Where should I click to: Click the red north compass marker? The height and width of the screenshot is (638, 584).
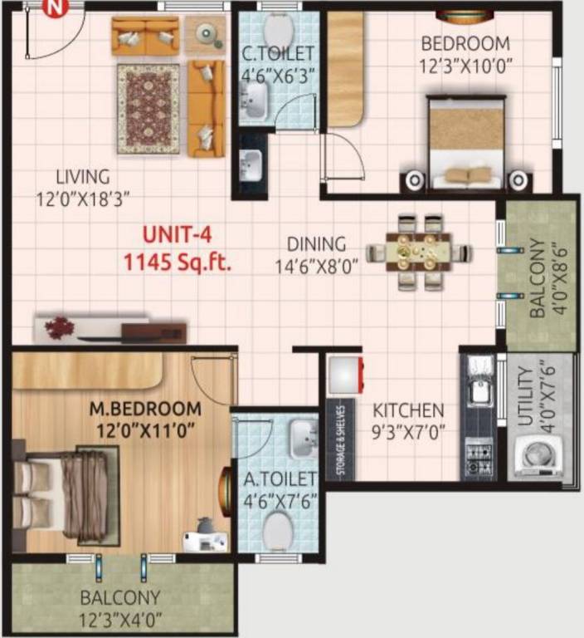click(x=54, y=9)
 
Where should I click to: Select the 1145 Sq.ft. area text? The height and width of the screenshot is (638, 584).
click(x=177, y=263)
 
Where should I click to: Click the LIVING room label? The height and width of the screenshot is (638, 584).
click(x=83, y=177)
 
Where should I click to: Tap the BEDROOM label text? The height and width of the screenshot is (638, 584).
click(x=465, y=44)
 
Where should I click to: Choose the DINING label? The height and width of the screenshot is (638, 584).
click(x=316, y=244)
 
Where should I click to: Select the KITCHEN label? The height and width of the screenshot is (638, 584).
click(x=407, y=410)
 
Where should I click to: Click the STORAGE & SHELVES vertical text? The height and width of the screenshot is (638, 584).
click(x=339, y=444)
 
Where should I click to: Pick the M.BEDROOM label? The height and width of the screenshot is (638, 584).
click(x=145, y=409)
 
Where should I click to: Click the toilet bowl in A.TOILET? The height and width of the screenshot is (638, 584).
click(x=278, y=528)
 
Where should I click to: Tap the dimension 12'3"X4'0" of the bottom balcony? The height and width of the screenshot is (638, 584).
click(x=121, y=618)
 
